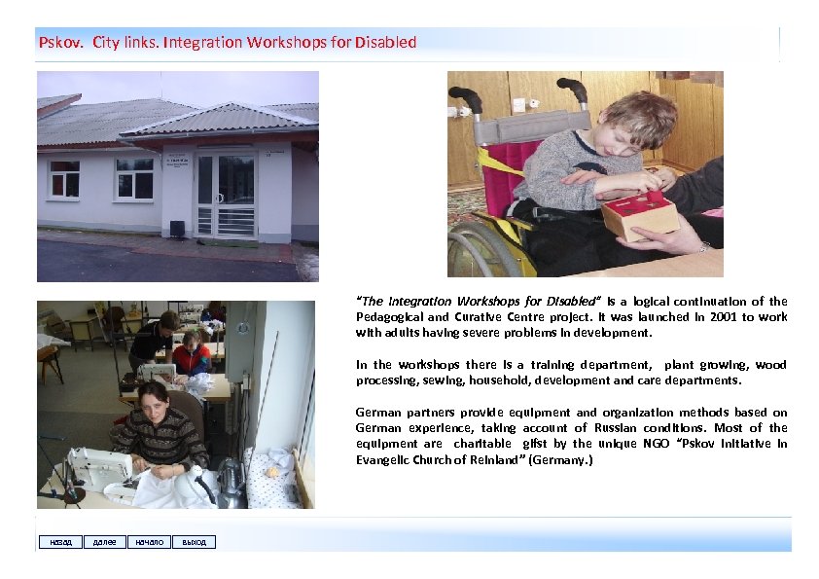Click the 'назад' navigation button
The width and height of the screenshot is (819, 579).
coord(58,542)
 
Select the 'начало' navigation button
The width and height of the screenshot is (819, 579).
coord(149,542)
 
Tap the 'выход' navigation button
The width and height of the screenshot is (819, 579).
coord(194,542)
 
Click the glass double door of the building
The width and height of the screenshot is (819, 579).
coord(225,195)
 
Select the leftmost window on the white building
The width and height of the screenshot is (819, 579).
coord(64,179)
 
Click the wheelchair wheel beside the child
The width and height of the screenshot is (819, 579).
coord(483,248)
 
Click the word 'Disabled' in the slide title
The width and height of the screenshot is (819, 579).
coord(386,43)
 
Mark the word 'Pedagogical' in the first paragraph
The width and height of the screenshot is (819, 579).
coord(388,316)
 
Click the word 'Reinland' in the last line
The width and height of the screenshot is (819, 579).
coord(495,459)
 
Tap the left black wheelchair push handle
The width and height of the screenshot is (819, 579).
coord(466,99)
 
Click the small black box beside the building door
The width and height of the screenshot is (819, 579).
coord(177,230)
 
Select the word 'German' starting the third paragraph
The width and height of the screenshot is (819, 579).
coord(378,413)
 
